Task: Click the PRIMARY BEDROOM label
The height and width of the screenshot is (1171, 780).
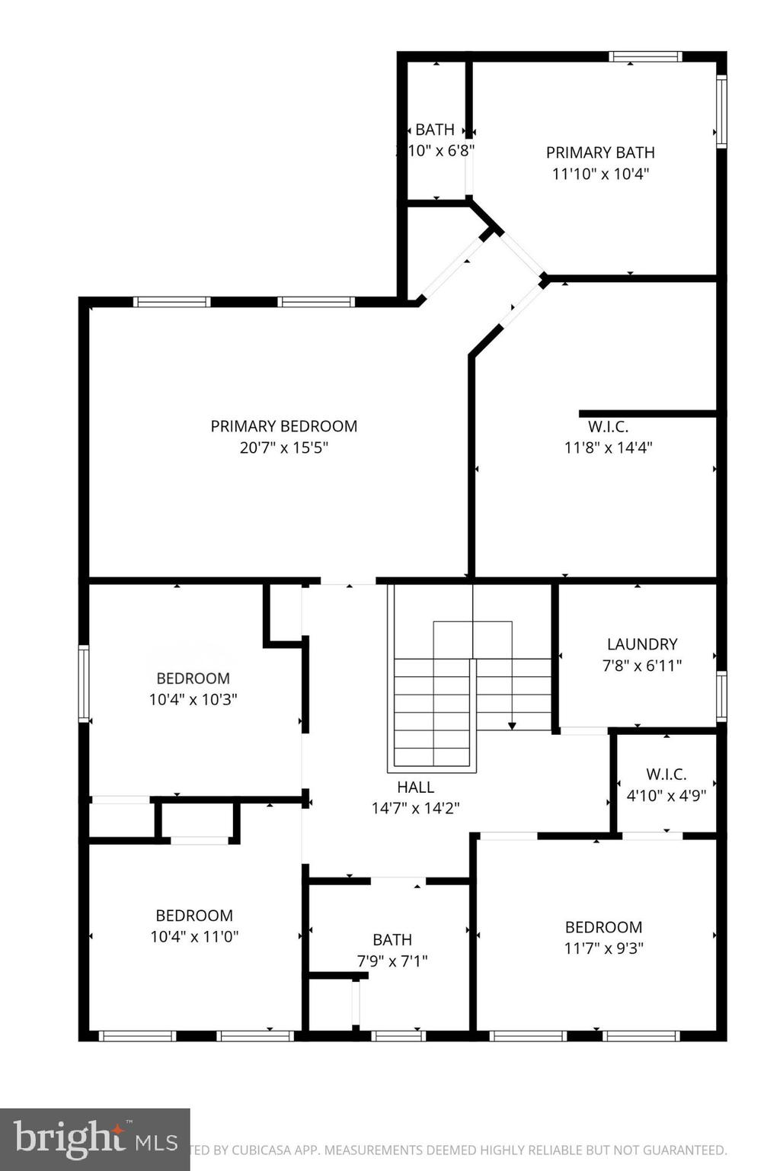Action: (x=283, y=426)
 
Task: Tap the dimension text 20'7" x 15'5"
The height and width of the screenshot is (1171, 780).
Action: (x=283, y=448)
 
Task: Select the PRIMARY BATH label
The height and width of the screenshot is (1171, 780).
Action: (x=600, y=152)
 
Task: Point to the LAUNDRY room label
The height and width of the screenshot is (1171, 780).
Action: (x=642, y=644)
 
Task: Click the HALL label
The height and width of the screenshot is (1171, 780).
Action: (x=415, y=788)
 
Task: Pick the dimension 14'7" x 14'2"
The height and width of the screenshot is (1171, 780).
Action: (x=415, y=808)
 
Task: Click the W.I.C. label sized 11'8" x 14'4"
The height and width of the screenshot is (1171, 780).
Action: (x=608, y=427)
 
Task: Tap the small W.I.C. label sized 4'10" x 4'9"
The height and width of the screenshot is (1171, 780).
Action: (x=667, y=775)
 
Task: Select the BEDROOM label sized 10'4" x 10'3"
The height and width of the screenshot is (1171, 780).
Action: (x=193, y=679)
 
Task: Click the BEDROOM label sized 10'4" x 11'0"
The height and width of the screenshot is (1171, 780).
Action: (x=194, y=916)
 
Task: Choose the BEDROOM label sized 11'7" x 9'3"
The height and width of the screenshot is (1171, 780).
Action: (x=603, y=928)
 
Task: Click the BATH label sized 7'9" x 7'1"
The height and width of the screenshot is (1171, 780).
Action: (x=392, y=940)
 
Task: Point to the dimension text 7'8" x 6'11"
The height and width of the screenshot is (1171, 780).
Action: (x=642, y=666)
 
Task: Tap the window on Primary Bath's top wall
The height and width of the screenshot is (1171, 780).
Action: (x=645, y=56)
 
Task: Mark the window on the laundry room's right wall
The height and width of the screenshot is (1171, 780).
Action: (x=721, y=696)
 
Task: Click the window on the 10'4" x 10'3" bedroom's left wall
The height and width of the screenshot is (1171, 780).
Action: (x=84, y=683)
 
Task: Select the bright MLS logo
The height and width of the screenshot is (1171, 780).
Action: (x=94, y=1139)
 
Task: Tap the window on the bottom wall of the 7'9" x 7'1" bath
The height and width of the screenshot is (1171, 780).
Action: (x=398, y=1035)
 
